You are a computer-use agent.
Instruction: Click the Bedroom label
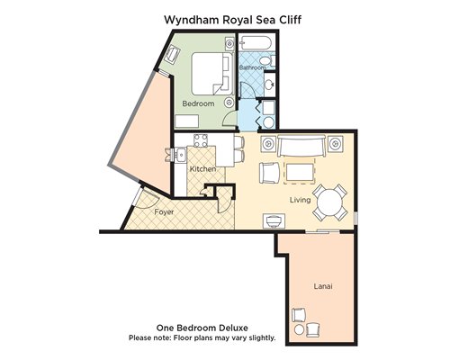[x=198, y=103]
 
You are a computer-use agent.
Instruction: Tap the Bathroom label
[x=252, y=67]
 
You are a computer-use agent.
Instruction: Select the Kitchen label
[x=202, y=169]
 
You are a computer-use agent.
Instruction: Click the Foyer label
[x=164, y=212]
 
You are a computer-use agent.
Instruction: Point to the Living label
[x=300, y=200]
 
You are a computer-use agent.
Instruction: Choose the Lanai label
[x=323, y=286]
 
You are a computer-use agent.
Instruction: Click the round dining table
[x=330, y=202]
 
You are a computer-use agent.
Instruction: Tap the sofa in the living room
[x=301, y=146]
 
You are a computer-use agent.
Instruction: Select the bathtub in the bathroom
[x=256, y=43]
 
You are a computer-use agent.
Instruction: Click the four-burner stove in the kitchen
[x=201, y=140]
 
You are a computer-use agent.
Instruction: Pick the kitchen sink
[x=181, y=155]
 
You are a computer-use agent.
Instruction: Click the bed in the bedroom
[x=212, y=74]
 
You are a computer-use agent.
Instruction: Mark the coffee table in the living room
[x=300, y=172]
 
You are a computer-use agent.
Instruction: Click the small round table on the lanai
[x=299, y=329]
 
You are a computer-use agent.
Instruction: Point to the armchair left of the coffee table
[x=269, y=173]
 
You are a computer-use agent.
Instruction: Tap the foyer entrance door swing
[x=147, y=199]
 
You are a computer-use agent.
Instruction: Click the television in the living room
[x=274, y=221]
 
